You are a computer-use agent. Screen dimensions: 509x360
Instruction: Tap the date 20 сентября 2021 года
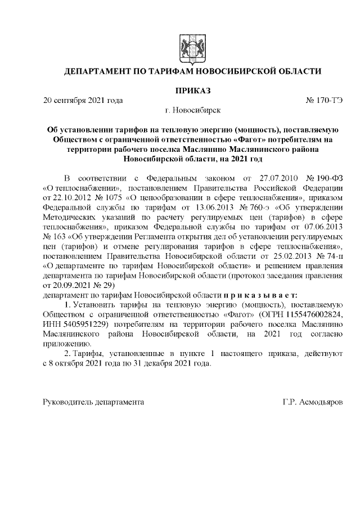coord(83,101)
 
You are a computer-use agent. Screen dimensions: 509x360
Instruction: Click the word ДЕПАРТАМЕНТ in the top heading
coord(99,71)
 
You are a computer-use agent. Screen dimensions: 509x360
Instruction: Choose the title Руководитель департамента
coord(93,403)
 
